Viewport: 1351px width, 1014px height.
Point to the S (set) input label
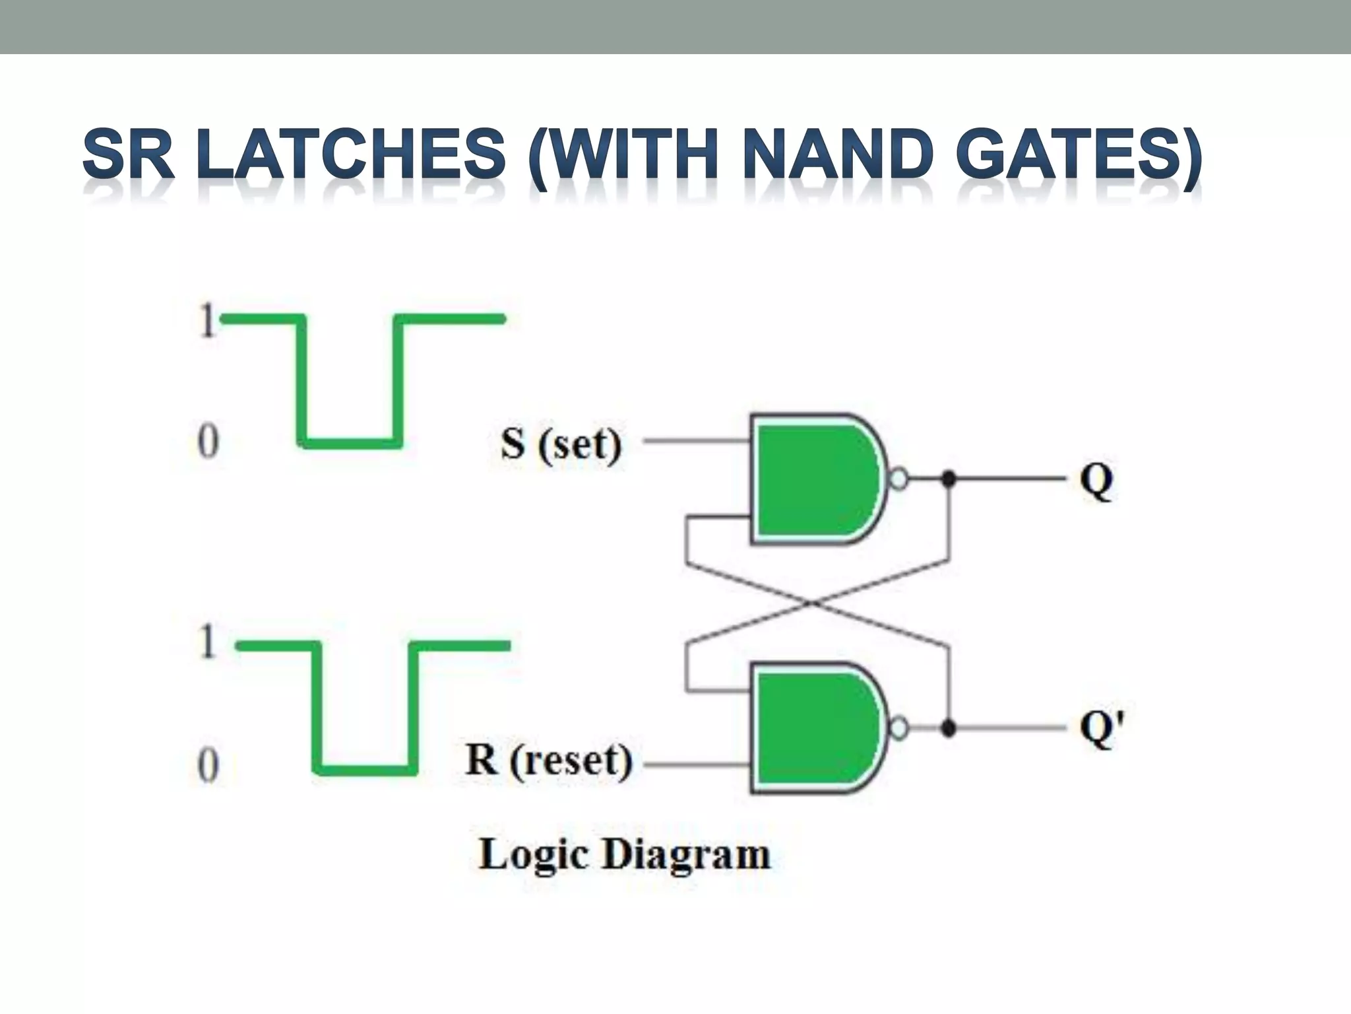pos(561,444)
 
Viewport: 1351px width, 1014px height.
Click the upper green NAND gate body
pos(815,479)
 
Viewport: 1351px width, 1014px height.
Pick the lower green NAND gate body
pos(815,727)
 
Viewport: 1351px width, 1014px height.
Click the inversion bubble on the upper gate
pos(899,479)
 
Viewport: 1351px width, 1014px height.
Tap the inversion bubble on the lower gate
pos(899,728)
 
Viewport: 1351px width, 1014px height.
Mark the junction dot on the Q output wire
pos(949,479)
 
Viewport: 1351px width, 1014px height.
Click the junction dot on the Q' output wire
pos(949,728)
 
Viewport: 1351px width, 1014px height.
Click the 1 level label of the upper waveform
pos(207,322)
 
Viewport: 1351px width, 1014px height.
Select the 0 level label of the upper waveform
pos(207,442)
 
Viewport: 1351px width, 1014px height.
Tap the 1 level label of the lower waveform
pos(207,642)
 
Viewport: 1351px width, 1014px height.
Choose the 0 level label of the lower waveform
pos(207,766)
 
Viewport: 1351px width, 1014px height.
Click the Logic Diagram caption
pos(624,855)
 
